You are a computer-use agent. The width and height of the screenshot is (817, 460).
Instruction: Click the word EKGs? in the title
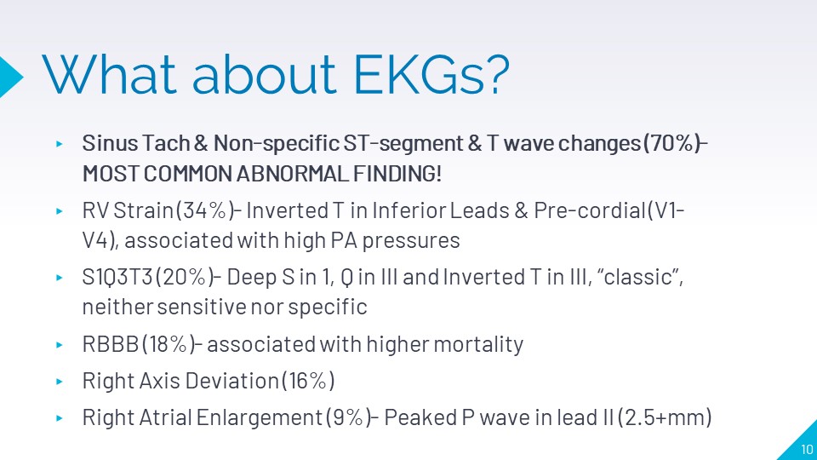431,74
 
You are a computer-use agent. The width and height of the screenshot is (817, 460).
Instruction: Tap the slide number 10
807,449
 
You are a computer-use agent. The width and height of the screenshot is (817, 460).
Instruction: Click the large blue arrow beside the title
10,77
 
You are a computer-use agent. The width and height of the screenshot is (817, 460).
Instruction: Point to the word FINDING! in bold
397,174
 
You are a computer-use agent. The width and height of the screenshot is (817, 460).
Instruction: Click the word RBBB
110,344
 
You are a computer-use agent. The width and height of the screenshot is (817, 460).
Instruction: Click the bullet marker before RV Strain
60,211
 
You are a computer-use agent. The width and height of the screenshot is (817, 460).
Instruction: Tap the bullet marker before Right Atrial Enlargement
60,417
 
